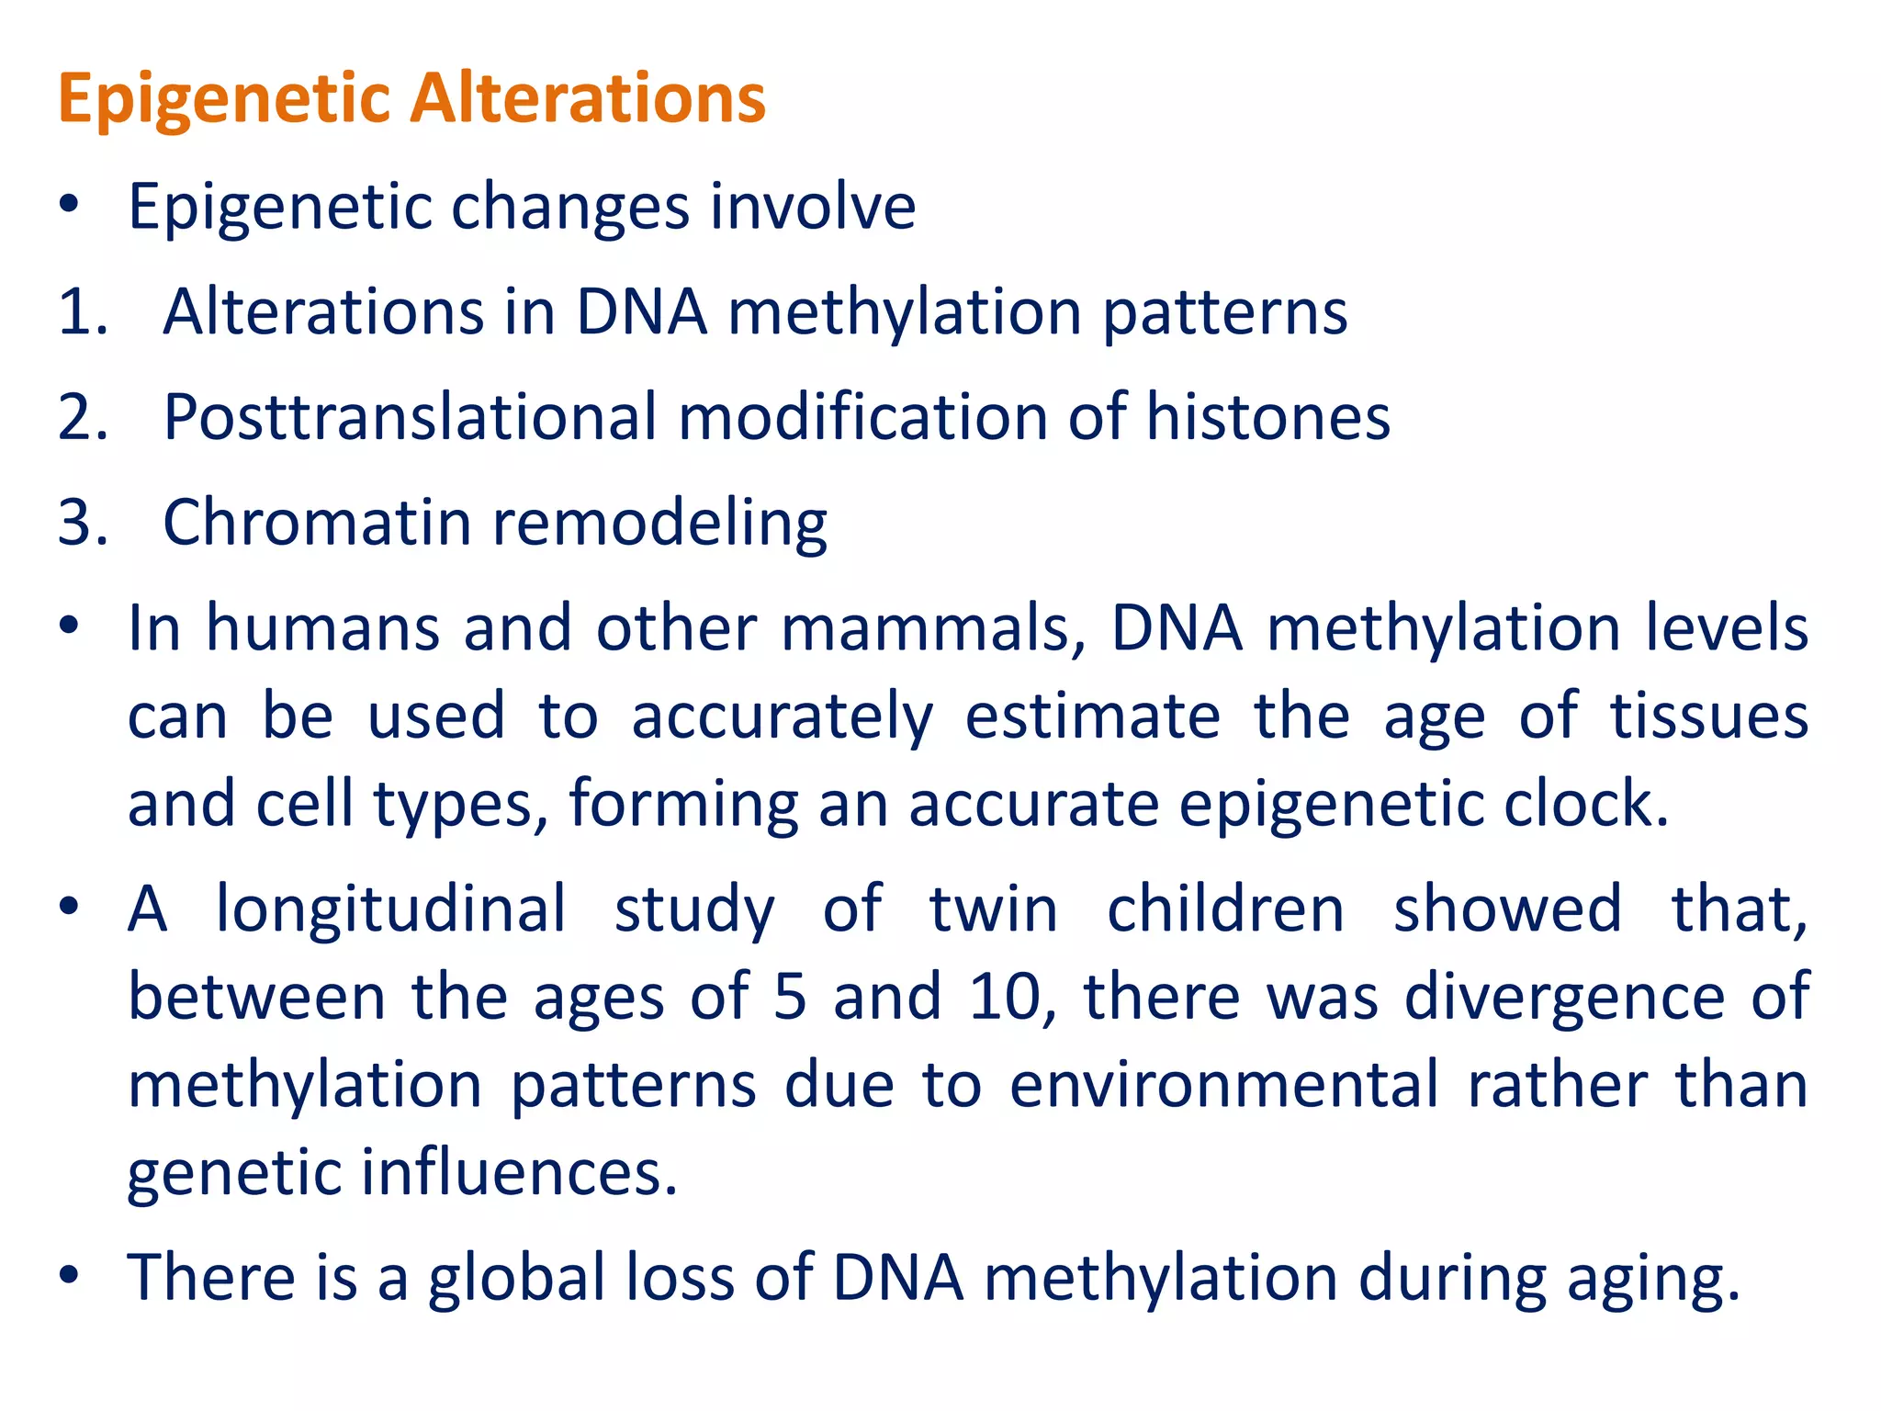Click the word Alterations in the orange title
pos(588,97)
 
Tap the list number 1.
pos(81,312)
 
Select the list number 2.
pos(81,417)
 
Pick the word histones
pos(1267,417)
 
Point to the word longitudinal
pos(391,910)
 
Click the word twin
pos(993,909)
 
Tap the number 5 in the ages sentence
pos(790,997)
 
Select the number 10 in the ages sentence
pos(1006,997)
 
